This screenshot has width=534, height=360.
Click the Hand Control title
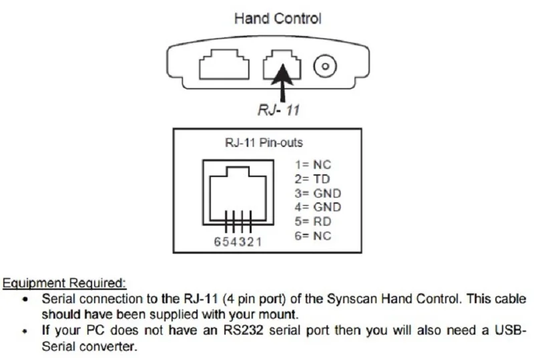pos(277,19)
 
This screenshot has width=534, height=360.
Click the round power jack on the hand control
pos(324,66)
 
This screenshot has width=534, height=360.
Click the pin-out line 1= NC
pos(312,164)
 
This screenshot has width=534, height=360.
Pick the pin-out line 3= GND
pos(318,193)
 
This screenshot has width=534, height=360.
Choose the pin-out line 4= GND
pos(318,207)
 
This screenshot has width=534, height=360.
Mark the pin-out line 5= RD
pos(313,221)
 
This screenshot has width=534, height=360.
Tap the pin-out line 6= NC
pos(313,236)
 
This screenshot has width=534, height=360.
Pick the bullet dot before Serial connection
pos(25,299)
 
